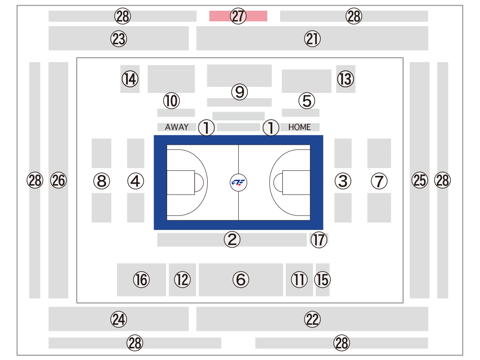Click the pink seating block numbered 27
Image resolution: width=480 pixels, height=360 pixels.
click(238, 16)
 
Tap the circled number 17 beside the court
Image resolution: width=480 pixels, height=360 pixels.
click(319, 240)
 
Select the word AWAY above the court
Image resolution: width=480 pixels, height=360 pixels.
click(177, 127)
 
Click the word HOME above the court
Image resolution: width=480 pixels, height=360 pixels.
click(299, 127)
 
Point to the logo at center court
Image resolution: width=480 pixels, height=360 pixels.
click(238, 182)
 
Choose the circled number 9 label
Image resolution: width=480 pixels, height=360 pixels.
click(240, 92)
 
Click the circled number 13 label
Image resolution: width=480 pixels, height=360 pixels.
click(345, 79)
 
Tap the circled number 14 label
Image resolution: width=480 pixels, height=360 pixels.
click(130, 79)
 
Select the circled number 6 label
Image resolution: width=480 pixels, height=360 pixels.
click(241, 279)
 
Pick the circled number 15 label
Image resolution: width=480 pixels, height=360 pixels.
click(322, 279)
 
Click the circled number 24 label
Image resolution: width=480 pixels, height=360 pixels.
click(119, 319)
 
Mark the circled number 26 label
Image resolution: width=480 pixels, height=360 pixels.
click(58, 180)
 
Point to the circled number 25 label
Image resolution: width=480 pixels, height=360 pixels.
click(420, 180)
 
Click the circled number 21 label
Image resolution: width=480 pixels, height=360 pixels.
click(312, 39)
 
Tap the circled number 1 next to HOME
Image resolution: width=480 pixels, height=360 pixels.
click(271, 127)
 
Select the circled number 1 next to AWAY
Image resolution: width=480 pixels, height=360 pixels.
click(206, 127)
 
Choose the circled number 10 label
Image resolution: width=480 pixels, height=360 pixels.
click(171, 101)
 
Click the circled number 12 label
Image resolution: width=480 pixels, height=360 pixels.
click(182, 279)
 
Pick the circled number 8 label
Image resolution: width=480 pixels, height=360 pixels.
click(102, 181)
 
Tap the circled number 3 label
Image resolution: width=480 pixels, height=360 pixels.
click(343, 181)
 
